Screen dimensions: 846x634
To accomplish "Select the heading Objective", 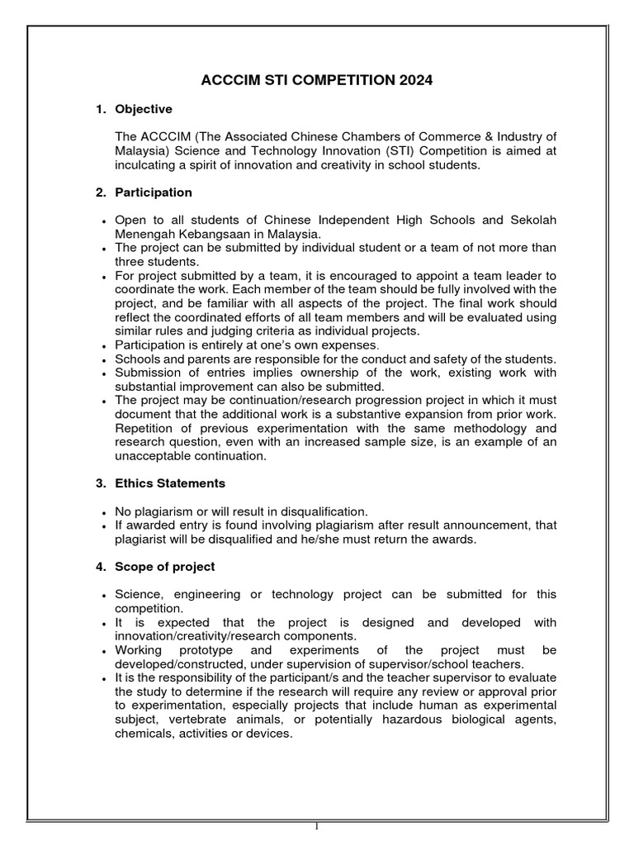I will tap(144, 109).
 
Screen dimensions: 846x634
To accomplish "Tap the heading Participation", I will tap(154, 192).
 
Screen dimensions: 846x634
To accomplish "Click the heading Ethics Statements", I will tap(170, 482).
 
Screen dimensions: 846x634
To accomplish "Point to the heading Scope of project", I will tap(165, 566).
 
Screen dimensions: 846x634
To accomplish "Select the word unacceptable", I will tap(157, 455).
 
